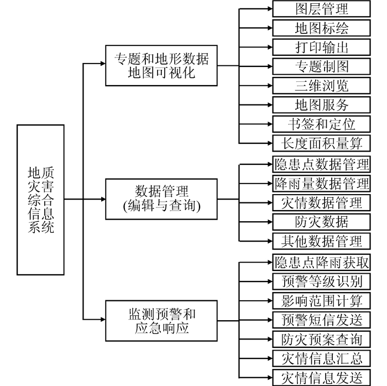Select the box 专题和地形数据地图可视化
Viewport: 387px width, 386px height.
tap(161, 65)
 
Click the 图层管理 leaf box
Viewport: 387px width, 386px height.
tap(321, 9)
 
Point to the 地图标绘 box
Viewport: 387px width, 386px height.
tap(321, 28)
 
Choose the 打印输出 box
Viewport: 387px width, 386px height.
tap(321, 47)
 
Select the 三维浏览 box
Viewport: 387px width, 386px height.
tap(321, 86)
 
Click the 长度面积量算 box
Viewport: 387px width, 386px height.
tap(321, 143)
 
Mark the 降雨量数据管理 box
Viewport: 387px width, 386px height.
tap(321, 183)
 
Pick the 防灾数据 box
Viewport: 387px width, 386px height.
tap(321, 222)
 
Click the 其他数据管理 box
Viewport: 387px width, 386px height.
tap(321, 241)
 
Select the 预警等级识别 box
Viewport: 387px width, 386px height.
tap(321, 281)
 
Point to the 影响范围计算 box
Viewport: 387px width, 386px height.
tap(321, 301)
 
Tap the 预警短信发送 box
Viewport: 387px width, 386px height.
tap(321, 320)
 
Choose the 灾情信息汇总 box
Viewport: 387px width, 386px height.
tap(321, 358)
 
